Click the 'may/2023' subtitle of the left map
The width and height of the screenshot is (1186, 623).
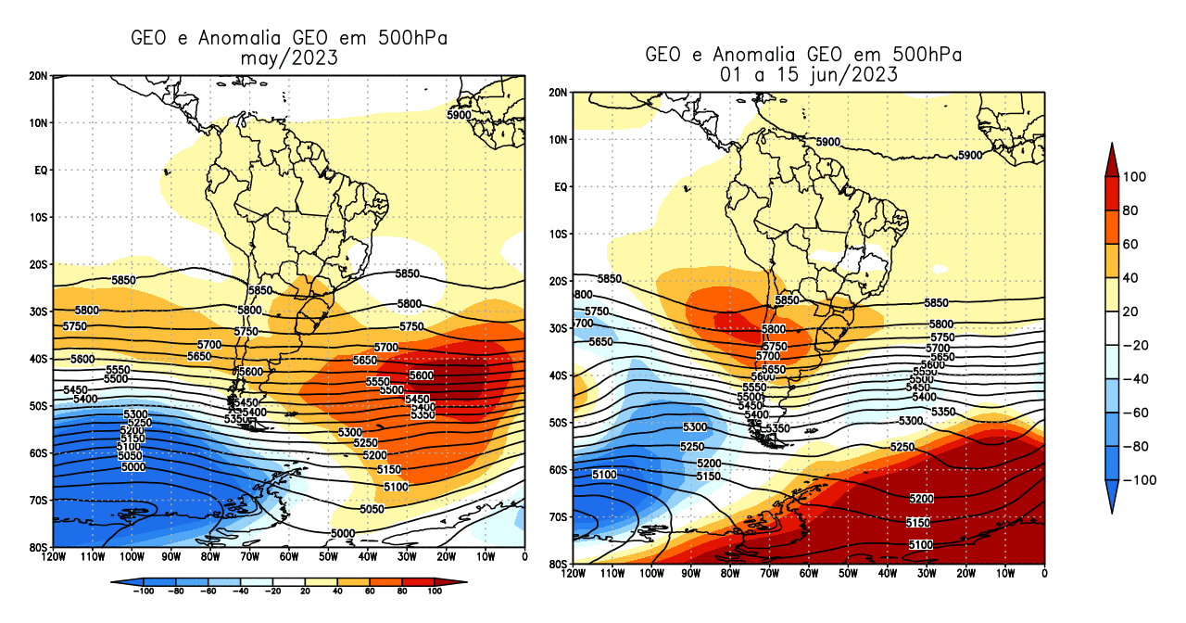click(x=288, y=57)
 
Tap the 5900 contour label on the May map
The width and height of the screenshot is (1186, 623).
click(x=460, y=115)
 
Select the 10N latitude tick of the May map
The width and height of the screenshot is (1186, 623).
click(x=40, y=122)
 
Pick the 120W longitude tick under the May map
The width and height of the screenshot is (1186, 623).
click(x=53, y=557)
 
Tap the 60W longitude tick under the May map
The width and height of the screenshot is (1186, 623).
click(x=289, y=557)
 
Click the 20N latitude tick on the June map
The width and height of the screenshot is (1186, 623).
click(x=559, y=93)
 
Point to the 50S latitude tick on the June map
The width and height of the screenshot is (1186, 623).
click(x=559, y=423)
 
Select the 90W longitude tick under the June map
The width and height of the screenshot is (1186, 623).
click(x=690, y=574)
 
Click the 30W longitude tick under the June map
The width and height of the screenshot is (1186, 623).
click(x=927, y=574)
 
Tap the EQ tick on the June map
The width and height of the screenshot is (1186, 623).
click(x=561, y=187)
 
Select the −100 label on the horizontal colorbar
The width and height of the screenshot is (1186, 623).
click(x=143, y=590)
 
